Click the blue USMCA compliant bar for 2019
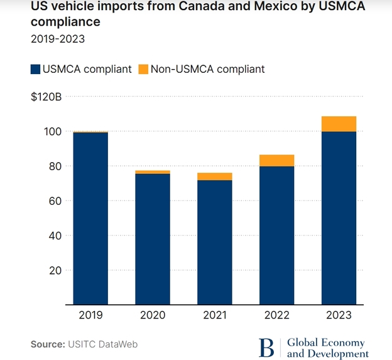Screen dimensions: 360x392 [90, 219]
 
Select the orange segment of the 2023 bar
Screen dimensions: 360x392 [339, 124]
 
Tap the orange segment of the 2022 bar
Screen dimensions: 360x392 [276, 160]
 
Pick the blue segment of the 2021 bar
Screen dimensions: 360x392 [214, 243]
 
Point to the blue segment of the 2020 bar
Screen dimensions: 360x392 [153, 239]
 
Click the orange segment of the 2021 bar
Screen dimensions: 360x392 [214, 177]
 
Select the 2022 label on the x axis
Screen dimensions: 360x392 [276, 315]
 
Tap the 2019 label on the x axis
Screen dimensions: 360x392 [90, 315]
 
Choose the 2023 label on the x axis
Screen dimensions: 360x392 [339, 315]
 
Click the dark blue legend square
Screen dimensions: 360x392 [35, 69]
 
